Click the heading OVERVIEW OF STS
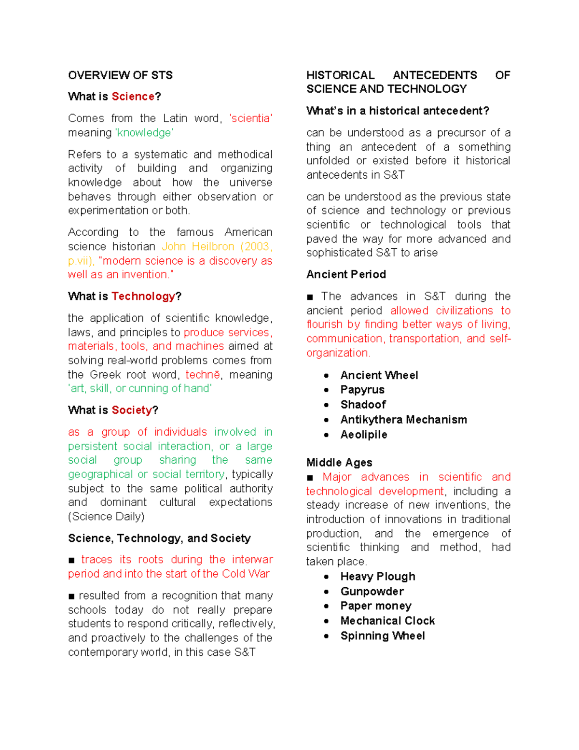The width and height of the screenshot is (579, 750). (x=120, y=75)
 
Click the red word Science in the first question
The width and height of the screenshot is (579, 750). (x=133, y=97)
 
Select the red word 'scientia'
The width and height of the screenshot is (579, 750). (x=251, y=118)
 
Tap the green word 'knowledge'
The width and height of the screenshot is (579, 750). (x=144, y=133)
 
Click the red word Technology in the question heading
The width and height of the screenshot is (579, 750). (x=143, y=296)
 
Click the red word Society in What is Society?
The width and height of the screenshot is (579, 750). (x=132, y=410)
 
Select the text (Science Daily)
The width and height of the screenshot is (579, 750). (x=106, y=517)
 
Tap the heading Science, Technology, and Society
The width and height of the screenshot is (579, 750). (x=159, y=538)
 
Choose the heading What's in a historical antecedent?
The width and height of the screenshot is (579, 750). (x=398, y=111)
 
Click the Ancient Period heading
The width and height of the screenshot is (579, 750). (x=346, y=274)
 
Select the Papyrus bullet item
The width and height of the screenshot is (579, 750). (x=362, y=390)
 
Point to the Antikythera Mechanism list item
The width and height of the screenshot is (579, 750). (x=403, y=420)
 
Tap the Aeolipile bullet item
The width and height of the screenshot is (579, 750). (x=364, y=435)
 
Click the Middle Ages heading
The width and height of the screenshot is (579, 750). (x=339, y=463)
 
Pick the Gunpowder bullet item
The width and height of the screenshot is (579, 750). (x=372, y=591)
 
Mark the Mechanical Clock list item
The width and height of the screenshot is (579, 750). (x=387, y=621)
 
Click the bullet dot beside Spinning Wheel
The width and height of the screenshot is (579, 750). (x=327, y=636)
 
